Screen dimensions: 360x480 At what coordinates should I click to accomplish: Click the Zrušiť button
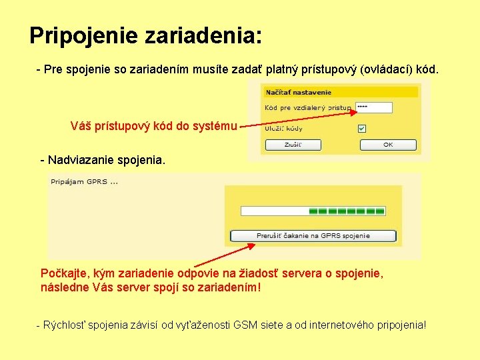coord(293,145)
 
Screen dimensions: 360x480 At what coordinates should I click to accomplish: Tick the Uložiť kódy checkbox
coord(361,128)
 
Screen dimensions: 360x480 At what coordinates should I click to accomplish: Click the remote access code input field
coord(373,107)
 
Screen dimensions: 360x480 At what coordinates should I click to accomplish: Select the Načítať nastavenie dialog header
coord(299,93)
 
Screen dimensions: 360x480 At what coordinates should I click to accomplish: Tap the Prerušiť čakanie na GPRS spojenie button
coord(313,236)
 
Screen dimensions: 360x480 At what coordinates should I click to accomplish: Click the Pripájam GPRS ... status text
coord(85,182)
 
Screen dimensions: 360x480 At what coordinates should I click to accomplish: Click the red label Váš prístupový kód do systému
coord(153,125)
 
